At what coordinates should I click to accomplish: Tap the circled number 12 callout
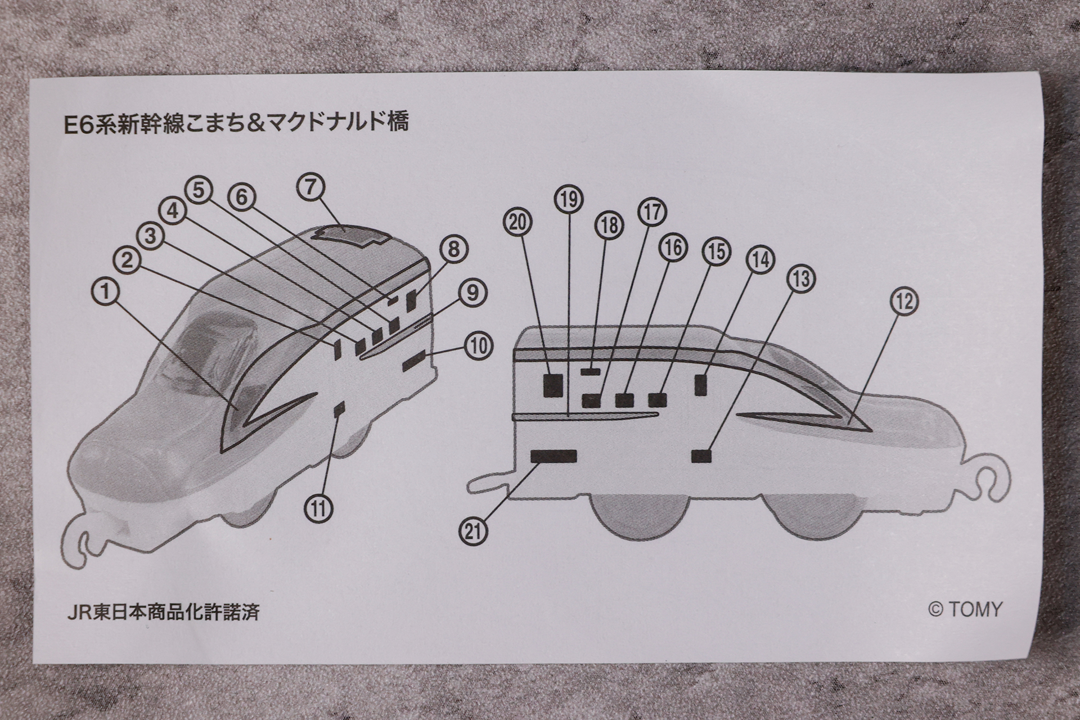click(x=904, y=301)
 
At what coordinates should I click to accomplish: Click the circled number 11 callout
click(x=319, y=508)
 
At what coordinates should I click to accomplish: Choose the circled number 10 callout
click(x=478, y=345)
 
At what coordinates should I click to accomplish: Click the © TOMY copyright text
click(x=965, y=609)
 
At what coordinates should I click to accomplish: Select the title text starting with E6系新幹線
click(x=236, y=122)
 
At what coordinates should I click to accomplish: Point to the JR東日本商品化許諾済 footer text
click(x=163, y=611)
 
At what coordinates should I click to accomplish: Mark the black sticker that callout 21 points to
click(x=554, y=456)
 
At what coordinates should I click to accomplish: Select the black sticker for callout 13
click(x=701, y=456)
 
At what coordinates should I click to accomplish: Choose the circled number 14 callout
click(x=760, y=259)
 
